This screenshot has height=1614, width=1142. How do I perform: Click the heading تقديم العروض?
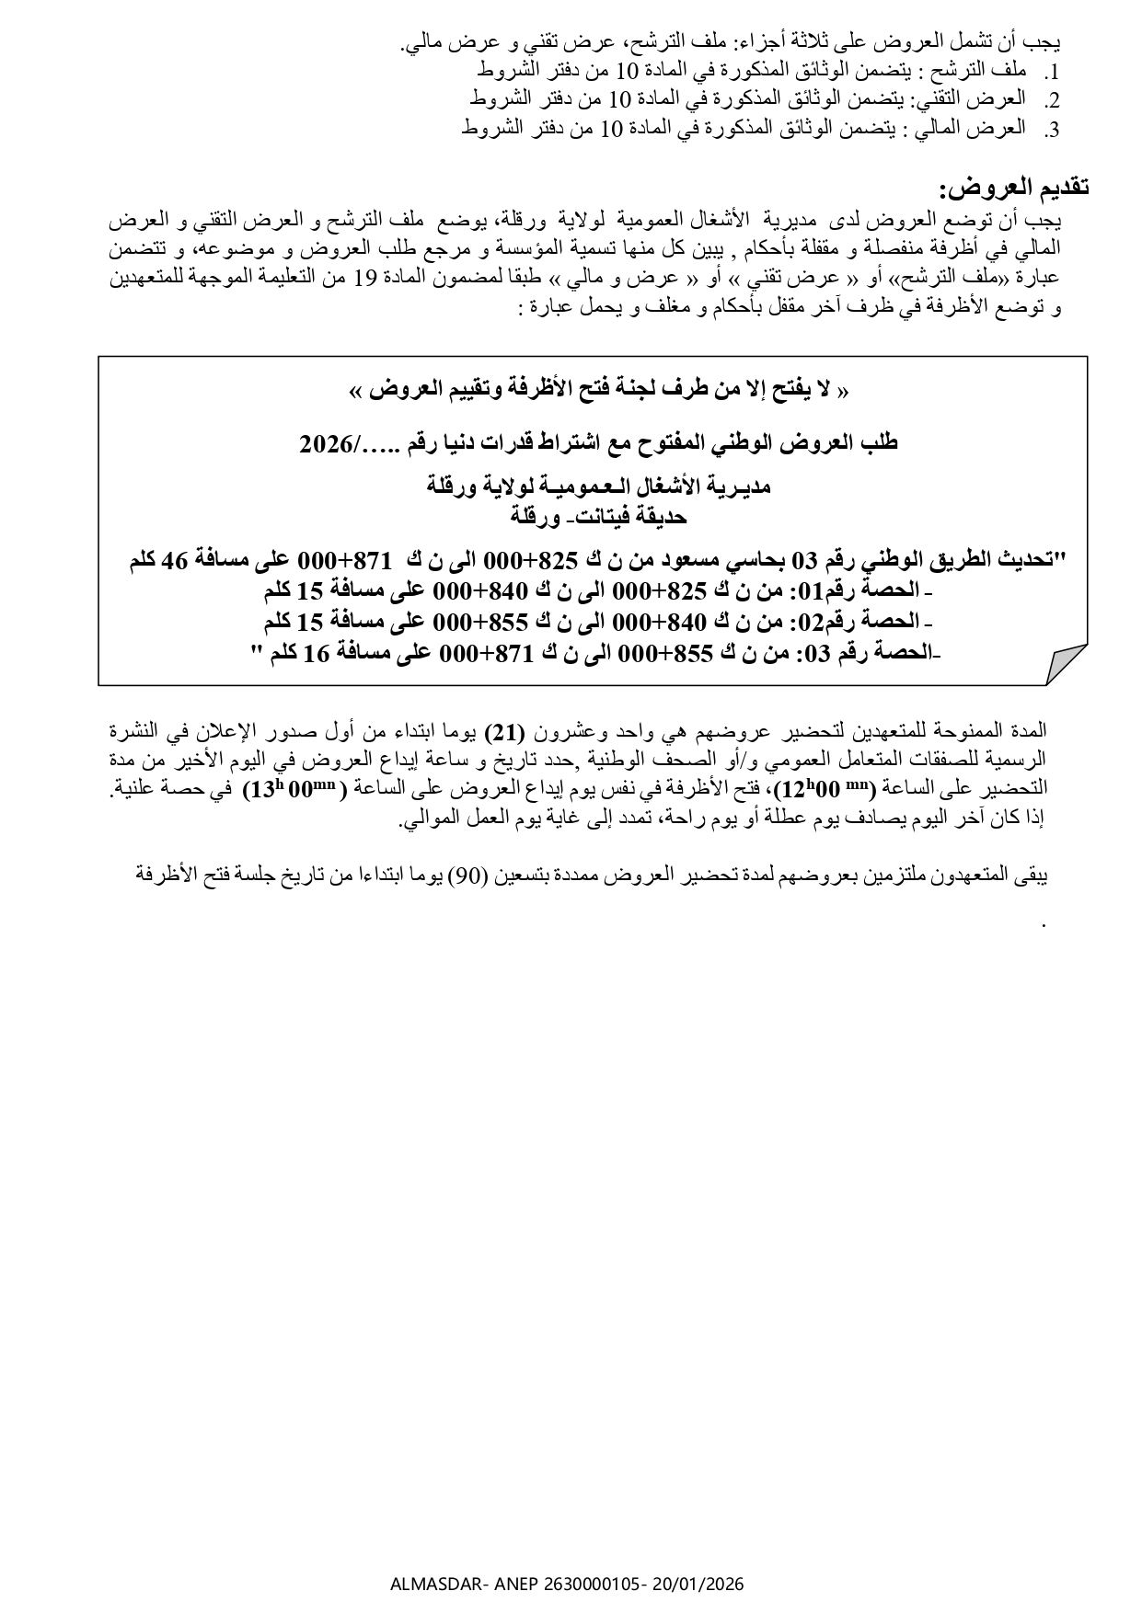coord(1014,189)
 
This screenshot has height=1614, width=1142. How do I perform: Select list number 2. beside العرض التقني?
coord(1053,101)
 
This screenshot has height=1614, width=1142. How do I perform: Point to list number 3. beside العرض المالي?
coord(1053,131)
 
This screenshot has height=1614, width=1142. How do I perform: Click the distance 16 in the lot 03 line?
coord(321,654)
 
